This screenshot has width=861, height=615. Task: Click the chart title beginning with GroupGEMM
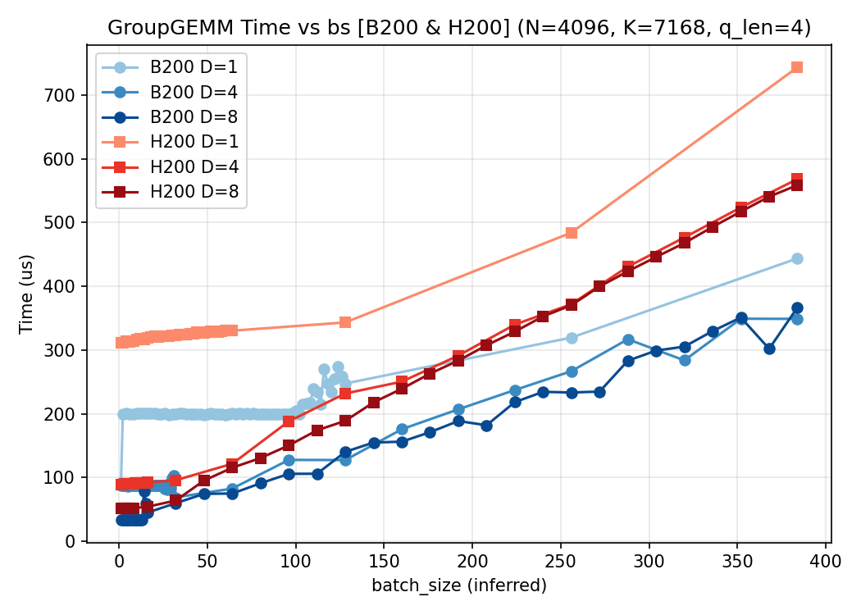coord(459,28)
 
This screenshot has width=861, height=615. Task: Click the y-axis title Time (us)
coord(26,294)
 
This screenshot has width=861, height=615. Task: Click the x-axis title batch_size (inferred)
coord(459,585)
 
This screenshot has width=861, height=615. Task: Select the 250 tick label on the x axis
coord(561,563)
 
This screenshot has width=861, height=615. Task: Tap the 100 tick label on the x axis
coord(296,563)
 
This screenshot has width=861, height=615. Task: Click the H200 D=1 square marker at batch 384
coord(797,67)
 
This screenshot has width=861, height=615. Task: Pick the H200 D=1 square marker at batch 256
coord(572,233)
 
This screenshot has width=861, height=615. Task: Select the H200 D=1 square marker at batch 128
coord(345,322)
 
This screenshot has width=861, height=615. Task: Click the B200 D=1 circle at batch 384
coord(797,258)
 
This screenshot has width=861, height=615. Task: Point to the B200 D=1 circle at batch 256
coord(572,338)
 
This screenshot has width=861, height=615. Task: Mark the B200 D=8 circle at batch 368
coord(769,348)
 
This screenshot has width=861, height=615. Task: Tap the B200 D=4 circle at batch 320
coord(685,360)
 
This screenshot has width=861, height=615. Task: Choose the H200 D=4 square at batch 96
coord(289,421)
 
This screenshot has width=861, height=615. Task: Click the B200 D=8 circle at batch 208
coord(486,426)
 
